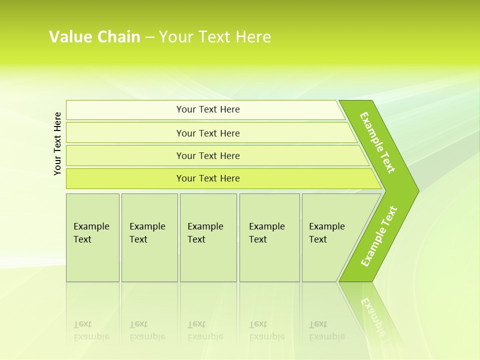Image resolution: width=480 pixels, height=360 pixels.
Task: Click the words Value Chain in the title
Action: (x=94, y=37)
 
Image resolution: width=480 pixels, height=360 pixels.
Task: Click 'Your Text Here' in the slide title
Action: (x=215, y=37)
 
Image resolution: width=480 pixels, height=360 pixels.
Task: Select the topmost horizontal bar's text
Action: (x=208, y=109)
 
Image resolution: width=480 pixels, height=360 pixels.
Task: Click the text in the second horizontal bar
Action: (x=208, y=133)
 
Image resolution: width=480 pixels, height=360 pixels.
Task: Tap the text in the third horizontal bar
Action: (x=208, y=156)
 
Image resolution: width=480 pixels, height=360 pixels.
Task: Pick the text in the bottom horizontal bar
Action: (x=208, y=178)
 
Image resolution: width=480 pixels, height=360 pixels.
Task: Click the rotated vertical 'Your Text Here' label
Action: (x=57, y=143)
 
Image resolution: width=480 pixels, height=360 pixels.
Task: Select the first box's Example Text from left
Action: (x=91, y=233)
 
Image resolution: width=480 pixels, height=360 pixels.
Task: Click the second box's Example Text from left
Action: (x=147, y=233)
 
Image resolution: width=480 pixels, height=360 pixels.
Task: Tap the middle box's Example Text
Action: (x=205, y=233)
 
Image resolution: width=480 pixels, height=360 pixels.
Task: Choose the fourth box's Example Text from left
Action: (x=266, y=233)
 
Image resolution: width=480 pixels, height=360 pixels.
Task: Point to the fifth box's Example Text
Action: (x=326, y=233)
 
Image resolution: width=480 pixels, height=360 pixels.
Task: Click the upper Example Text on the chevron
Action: (x=377, y=142)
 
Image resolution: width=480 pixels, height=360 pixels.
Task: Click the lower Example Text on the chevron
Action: (x=379, y=236)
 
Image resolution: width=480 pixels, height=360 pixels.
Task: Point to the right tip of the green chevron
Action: (x=417, y=191)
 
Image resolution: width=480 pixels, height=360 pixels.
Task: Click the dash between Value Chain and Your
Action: (x=149, y=37)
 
